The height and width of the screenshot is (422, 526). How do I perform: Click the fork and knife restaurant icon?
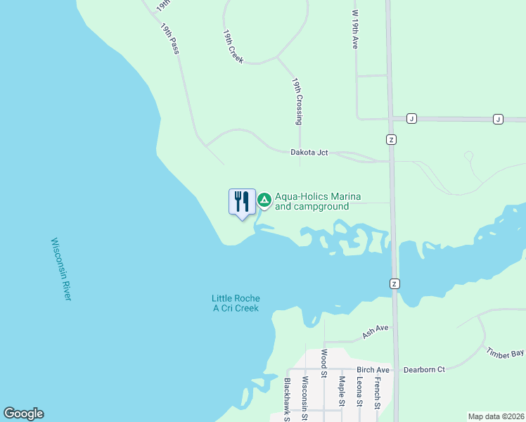[242, 202]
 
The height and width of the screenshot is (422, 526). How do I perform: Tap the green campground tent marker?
[264, 201]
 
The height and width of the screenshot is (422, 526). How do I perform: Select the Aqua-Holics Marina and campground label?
[312, 202]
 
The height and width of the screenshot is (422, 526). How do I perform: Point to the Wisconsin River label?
[61, 269]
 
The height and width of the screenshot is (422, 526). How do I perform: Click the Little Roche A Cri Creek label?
[236, 303]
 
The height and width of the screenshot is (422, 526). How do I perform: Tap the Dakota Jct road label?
[309, 152]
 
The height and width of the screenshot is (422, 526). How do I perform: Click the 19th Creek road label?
[233, 46]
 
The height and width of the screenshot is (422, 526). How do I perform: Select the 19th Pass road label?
[169, 39]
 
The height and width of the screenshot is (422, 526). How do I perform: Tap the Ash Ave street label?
[376, 332]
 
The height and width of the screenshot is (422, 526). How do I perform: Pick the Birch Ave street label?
[373, 370]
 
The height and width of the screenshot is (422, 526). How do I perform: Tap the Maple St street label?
[341, 391]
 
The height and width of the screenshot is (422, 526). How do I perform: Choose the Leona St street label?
[359, 391]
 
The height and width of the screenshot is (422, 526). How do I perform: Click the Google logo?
[23, 414]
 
